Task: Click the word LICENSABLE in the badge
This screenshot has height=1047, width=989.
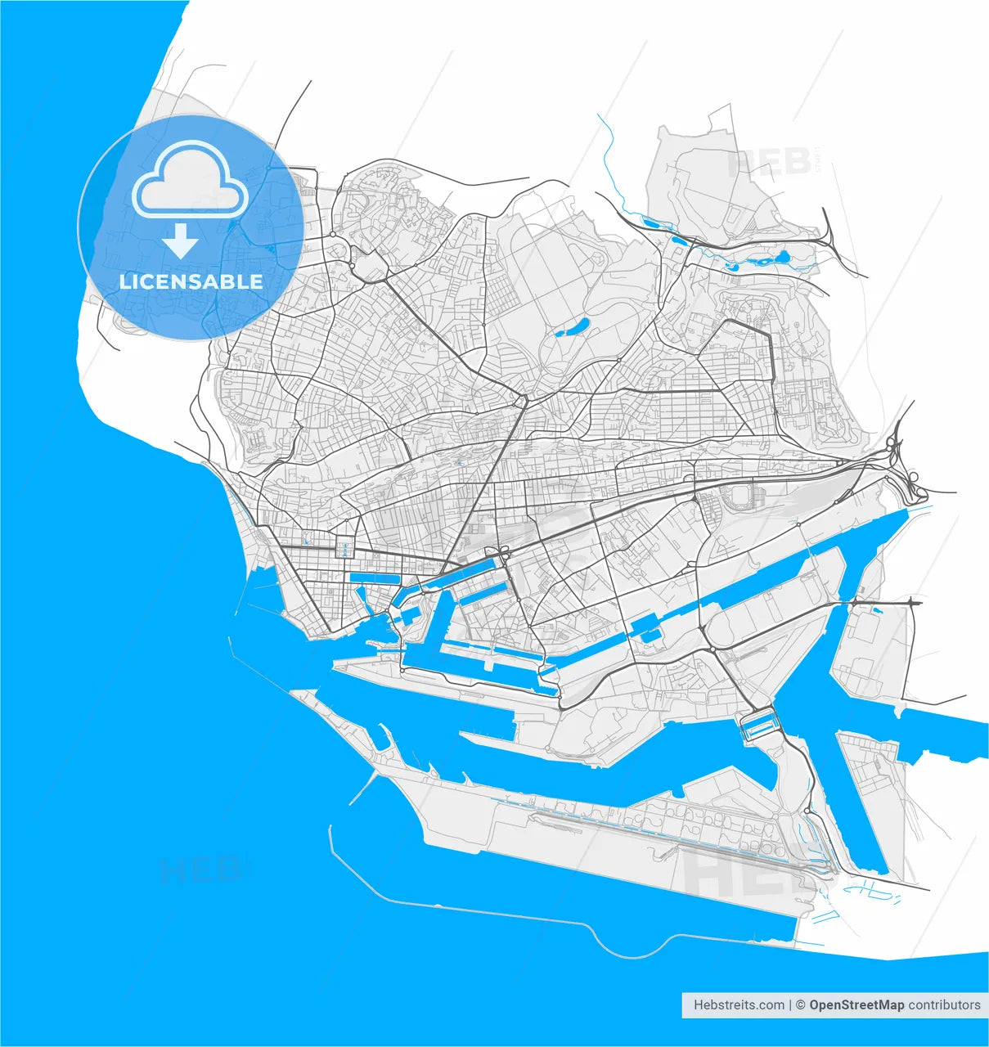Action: coord(191,282)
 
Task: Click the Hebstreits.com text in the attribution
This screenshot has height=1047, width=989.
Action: coord(739,1004)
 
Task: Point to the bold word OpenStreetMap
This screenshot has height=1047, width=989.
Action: coord(856,1004)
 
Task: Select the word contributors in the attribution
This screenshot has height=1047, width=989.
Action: coord(944,1004)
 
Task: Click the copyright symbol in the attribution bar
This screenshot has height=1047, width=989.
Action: coord(802,1004)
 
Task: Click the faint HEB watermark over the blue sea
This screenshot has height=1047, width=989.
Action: coord(200,870)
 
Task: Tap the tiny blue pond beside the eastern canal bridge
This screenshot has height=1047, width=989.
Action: coord(877,609)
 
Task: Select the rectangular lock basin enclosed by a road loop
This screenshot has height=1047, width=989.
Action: coord(759,725)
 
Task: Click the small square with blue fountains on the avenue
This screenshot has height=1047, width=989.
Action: coord(345,549)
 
